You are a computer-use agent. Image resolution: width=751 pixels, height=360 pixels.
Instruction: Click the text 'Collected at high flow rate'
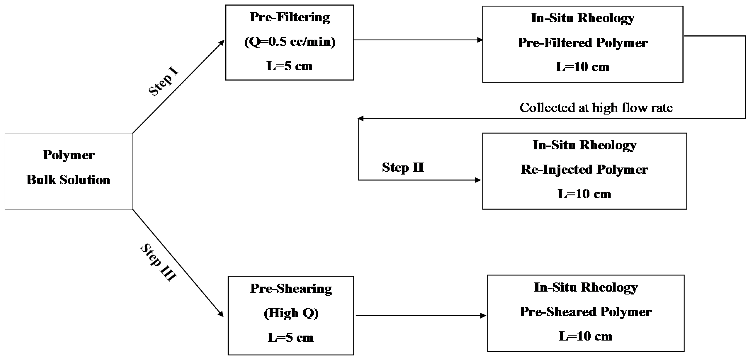pos(596,108)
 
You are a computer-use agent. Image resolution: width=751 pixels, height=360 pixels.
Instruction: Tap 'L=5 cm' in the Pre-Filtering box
pos(289,66)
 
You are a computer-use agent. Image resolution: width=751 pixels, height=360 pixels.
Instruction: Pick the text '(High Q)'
pos(291,313)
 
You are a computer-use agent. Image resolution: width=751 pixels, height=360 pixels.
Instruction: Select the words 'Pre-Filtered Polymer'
pos(582,43)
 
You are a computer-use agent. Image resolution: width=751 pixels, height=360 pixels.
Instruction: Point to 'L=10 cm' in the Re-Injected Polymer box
pos(584,194)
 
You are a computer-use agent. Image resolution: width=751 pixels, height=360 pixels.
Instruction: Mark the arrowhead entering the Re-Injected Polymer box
pos(478,180)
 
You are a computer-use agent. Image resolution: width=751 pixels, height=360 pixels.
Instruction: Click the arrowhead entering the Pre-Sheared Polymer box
pos(483,315)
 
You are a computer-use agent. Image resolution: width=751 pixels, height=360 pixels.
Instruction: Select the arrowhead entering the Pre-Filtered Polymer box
pos(479,40)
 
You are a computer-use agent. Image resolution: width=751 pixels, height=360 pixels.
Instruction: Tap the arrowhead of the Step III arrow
pos(221,314)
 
